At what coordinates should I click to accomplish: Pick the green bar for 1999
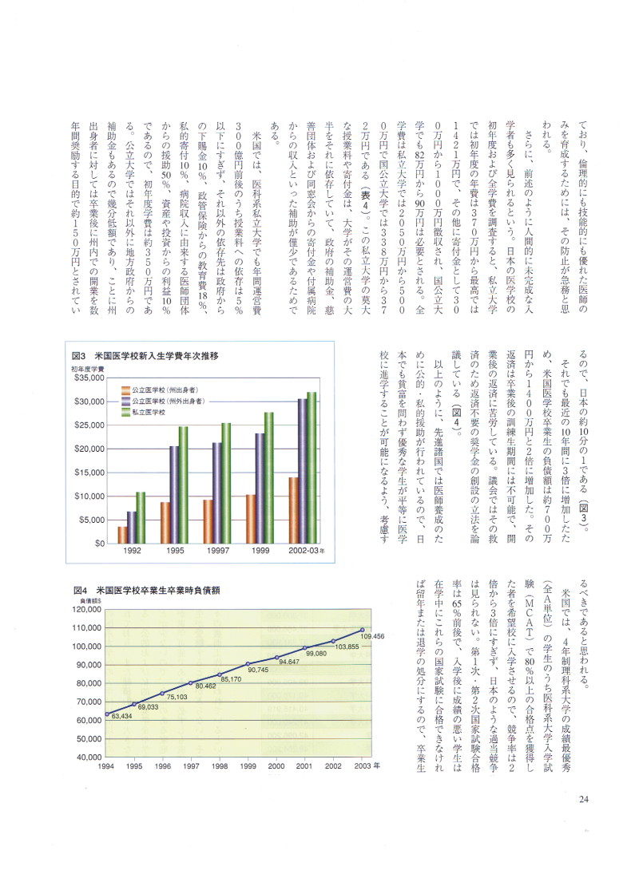click(x=269, y=477)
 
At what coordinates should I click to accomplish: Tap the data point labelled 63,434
click(x=107, y=714)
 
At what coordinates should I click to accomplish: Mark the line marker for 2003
click(x=363, y=630)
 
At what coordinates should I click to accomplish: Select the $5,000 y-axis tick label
click(x=91, y=520)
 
